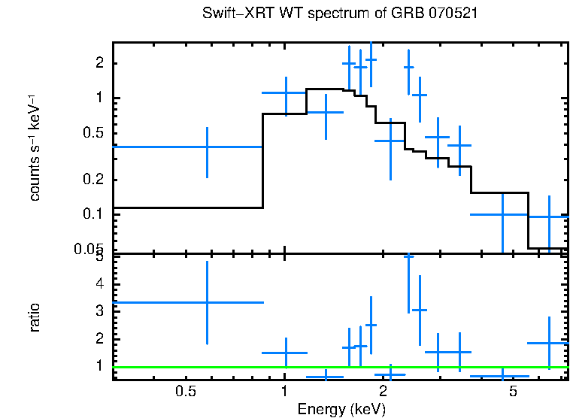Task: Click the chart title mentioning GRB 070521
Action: click(x=341, y=14)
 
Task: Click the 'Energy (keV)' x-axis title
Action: click(x=341, y=409)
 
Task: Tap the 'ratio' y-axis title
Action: click(x=35, y=317)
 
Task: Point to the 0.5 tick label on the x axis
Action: click(x=185, y=392)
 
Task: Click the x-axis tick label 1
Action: click(x=284, y=392)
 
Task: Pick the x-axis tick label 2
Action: click(x=383, y=392)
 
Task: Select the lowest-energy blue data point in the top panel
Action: click(x=207, y=147)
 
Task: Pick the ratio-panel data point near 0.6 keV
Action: click(x=207, y=302)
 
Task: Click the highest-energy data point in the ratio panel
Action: click(x=550, y=343)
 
